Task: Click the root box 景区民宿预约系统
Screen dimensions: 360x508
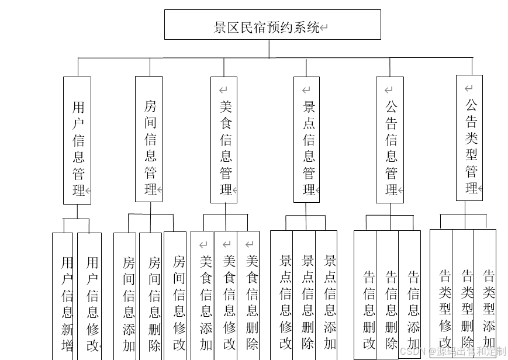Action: click(x=272, y=25)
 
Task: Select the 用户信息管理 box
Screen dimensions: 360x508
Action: click(x=77, y=140)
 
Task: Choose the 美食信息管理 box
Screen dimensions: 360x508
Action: click(x=224, y=140)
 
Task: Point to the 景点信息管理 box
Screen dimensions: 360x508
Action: click(x=307, y=140)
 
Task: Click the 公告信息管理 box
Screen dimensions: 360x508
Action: click(x=390, y=140)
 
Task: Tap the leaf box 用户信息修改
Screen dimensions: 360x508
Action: click(x=89, y=298)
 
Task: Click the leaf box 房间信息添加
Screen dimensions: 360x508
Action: click(x=125, y=298)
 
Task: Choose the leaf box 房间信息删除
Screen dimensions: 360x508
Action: click(x=150, y=298)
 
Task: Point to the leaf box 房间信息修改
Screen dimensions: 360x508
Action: click(x=175, y=298)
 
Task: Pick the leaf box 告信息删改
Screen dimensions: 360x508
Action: click(x=365, y=298)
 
